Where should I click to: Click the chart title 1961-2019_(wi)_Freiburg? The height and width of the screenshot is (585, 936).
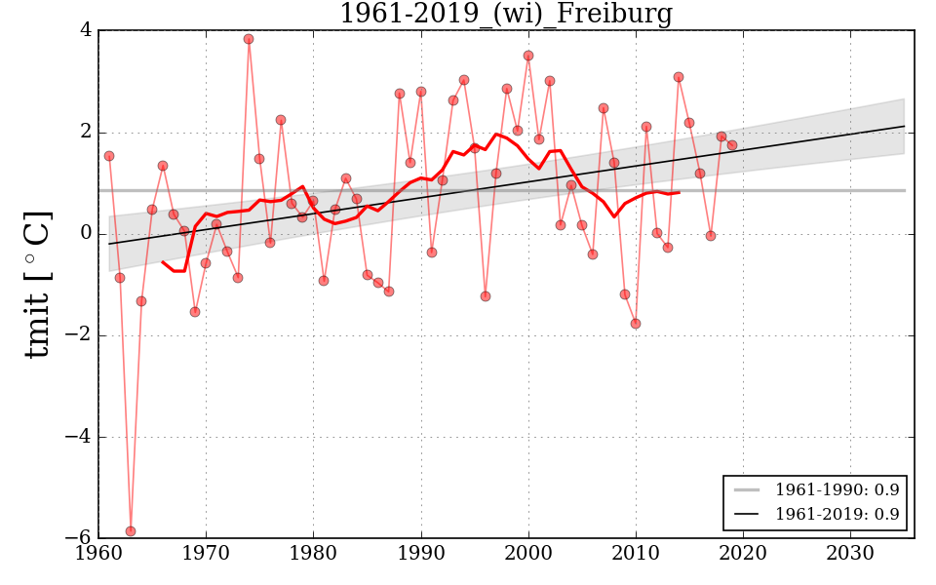[x=505, y=14]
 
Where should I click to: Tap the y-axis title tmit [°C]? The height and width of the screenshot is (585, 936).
[x=37, y=284]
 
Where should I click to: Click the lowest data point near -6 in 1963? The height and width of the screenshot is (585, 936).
[x=131, y=531]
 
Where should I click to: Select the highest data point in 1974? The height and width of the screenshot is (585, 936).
[x=249, y=39]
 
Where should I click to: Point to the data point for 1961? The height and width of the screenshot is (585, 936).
[x=109, y=156]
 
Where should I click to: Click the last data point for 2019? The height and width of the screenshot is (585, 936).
[x=732, y=145]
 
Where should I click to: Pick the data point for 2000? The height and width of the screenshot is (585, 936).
[x=528, y=56]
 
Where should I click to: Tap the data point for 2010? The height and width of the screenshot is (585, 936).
[x=636, y=324]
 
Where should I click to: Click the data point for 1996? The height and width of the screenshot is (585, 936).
[x=486, y=296]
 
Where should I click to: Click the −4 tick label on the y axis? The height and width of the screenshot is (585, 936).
[x=78, y=437]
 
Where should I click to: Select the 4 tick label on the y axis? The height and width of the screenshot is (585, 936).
[x=86, y=30]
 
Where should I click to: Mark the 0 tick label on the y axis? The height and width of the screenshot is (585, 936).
[x=86, y=234]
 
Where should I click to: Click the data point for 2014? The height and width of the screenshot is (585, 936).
[x=679, y=77]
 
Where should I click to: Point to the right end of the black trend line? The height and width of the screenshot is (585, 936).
[x=904, y=126]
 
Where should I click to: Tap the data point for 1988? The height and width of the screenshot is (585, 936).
[x=400, y=94]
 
